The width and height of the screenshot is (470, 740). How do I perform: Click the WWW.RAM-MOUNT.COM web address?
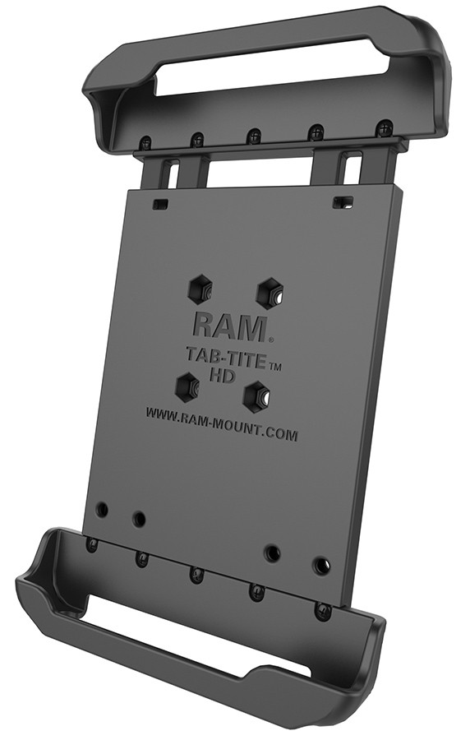[x=222, y=411]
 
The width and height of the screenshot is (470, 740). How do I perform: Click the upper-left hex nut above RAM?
[x=200, y=289]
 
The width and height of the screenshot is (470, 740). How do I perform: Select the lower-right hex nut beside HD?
[x=259, y=394]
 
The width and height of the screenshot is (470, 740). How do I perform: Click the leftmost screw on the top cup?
[x=145, y=142]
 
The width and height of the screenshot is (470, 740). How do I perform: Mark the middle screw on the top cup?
[x=253, y=136]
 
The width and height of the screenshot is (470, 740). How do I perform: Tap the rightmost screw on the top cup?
[x=382, y=127]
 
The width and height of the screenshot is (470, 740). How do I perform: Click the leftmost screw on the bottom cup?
[x=93, y=544]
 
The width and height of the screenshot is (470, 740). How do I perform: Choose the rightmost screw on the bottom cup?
[x=323, y=611]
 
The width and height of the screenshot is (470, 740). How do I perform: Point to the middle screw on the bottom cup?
[x=196, y=573]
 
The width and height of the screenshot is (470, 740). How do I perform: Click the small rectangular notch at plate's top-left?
[x=162, y=202]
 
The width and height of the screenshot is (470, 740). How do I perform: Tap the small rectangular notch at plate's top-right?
[x=339, y=200]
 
